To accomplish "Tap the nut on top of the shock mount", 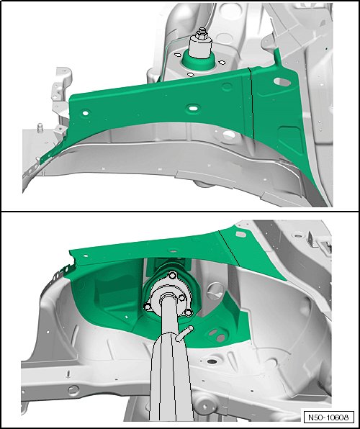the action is point(202,34).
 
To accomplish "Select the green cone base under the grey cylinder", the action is point(198,61).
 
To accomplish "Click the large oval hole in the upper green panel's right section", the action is point(282,81).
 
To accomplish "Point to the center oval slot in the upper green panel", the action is point(193,108).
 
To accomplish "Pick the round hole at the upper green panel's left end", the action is point(86,113).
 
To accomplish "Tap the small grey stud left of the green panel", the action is point(40,128).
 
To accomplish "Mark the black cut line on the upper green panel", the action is point(251,103).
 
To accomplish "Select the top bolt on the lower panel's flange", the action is point(172,275).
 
